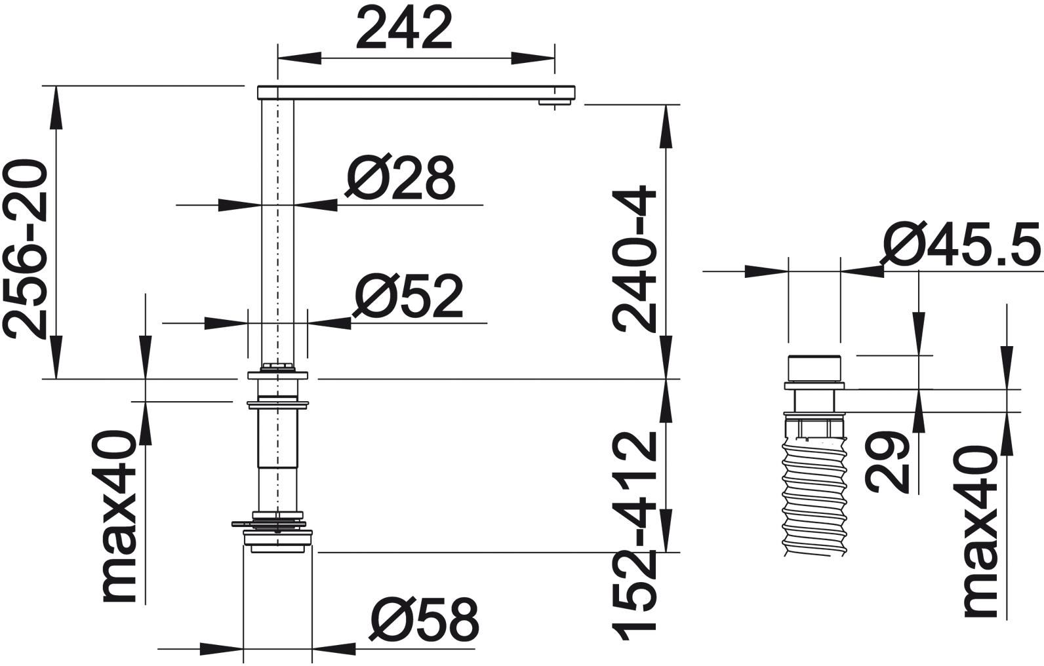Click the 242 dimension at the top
pos(404,29)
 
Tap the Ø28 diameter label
pos(399,178)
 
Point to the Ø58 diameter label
pos(424,619)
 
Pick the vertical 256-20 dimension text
pos(26,250)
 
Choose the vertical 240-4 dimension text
pos(634,259)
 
